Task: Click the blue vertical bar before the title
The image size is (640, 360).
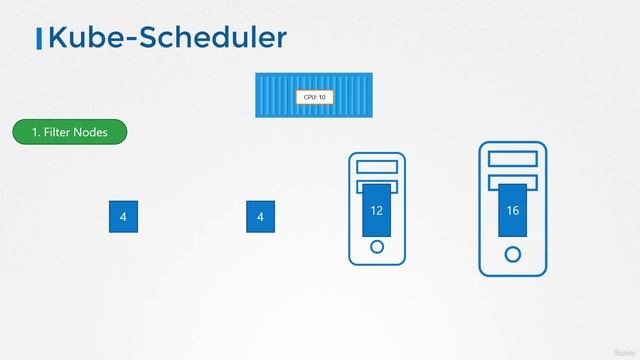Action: [x=38, y=39]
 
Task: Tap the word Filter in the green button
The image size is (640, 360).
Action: [x=58, y=132]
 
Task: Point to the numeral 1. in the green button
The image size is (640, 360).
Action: [x=35, y=132]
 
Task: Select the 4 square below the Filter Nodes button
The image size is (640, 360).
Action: [x=123, y=216]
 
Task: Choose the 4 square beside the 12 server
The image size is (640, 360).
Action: [x=260, y=216]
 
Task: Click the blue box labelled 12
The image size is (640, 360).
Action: [x=376, y=210]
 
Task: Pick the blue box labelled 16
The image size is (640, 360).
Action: [x=513, y=211]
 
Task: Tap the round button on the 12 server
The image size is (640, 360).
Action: [x=377, y=247]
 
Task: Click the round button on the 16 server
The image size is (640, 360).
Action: [x=513, y=254]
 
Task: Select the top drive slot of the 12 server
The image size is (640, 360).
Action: [x=377, y=166]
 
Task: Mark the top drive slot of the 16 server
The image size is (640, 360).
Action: [x=513, y=157]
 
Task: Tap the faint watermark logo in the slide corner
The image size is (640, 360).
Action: [x=622, y=352]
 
